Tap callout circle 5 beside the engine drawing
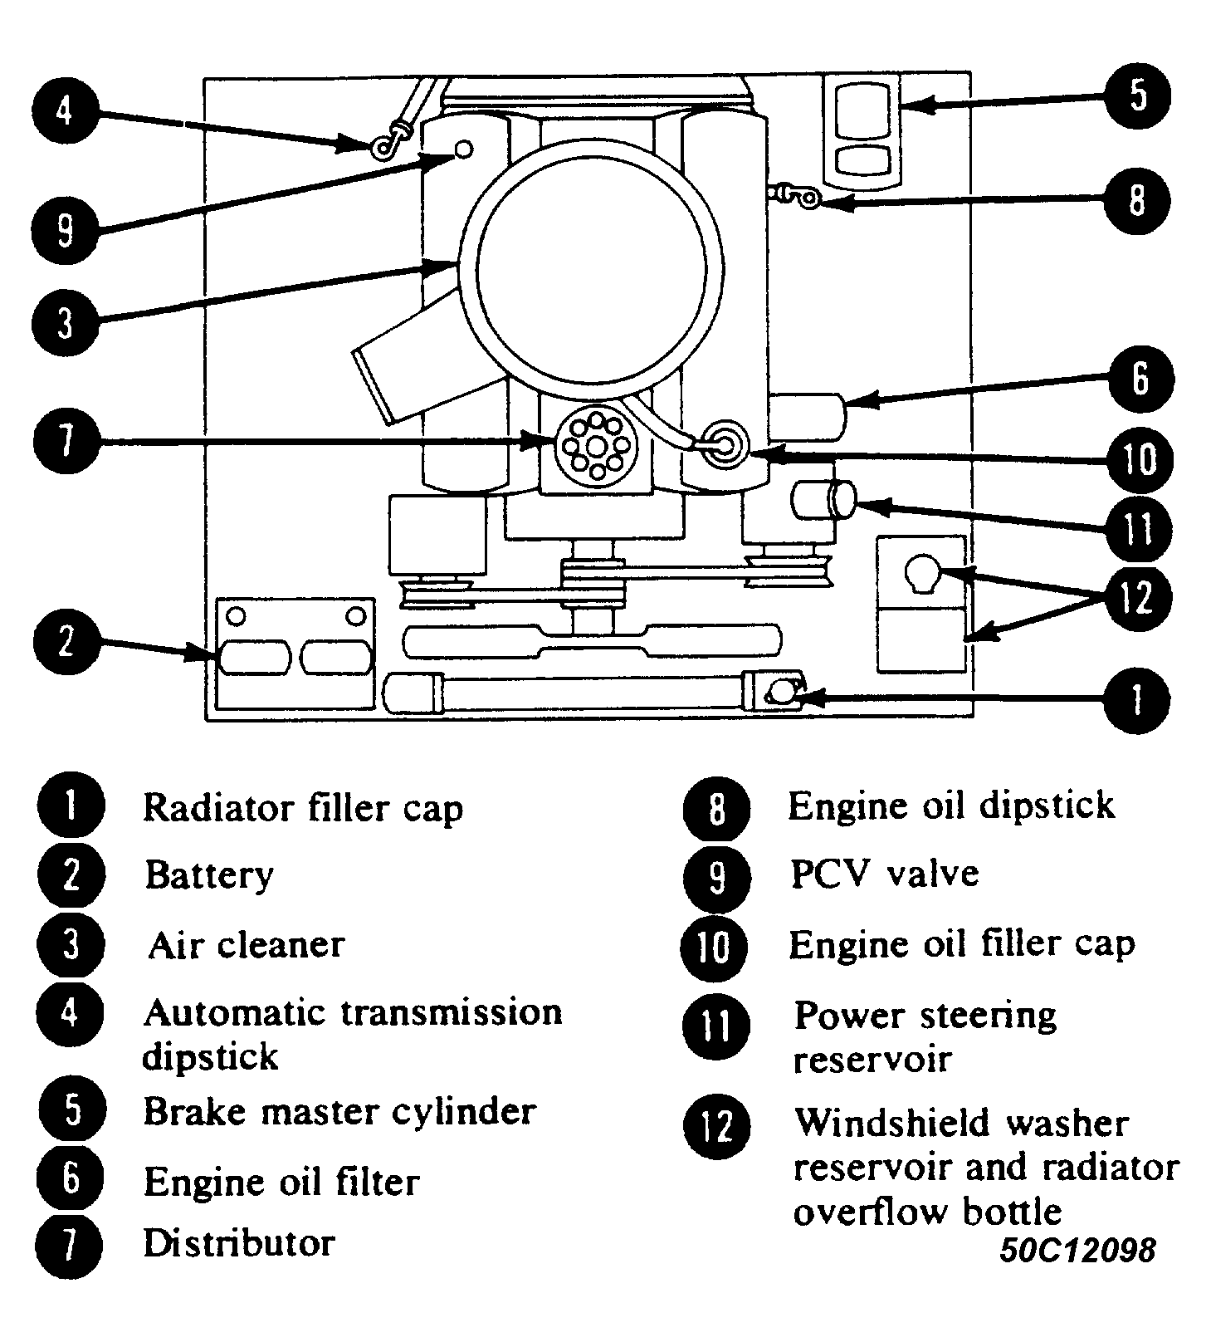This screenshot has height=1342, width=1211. pyautogui.click(x=1138, y=96)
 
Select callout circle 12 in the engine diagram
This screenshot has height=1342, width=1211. pyautogui.click(x=1138, y=598)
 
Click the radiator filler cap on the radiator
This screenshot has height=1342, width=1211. pyautogui.click(x=781, y=691)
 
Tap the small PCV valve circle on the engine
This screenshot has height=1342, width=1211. pyautogui.click(x=465, y=149)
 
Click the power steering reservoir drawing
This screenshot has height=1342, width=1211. pyautogui.click(x=823, y=502)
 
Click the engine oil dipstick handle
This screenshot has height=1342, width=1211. pyautogui.click(x=802, y=197)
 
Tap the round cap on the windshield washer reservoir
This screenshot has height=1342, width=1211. pyautogui.click(x=920, y=574)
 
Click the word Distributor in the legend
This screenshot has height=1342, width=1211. pyautogui.click(x=239, y=1243)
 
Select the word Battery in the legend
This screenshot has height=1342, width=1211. pyautogui.click(x=209, y=875)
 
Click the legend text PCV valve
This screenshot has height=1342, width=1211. pyautogui.click(x=885, y=874)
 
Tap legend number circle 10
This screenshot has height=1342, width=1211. pyautogui.click(x=715, y=947)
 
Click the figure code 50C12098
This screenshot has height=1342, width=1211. pyautogui.click(x=1077, y=1250)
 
